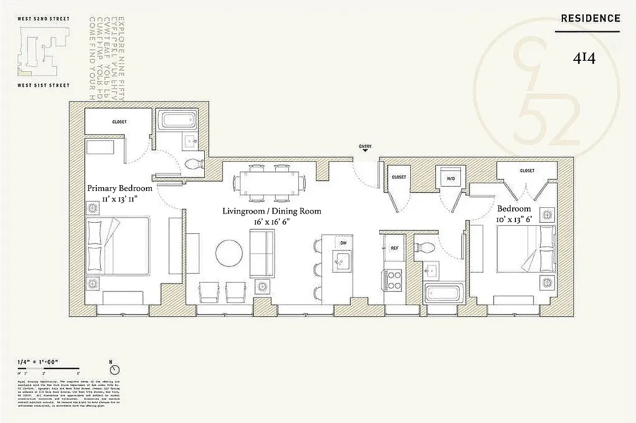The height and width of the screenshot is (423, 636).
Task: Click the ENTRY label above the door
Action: coord(365,146)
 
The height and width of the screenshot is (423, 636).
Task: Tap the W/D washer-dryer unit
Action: coord(450,178)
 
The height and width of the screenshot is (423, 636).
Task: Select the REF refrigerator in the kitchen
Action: coord(394,247)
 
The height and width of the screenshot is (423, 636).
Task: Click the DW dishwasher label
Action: coord(343,243)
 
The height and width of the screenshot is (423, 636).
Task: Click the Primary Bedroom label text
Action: coord(120,188)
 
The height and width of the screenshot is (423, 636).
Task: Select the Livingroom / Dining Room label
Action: coord(271,211)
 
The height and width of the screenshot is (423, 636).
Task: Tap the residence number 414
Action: coord(584,59)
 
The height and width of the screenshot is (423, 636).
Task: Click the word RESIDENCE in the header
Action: coord(590,19)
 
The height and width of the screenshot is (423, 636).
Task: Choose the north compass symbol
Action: coord(115,370)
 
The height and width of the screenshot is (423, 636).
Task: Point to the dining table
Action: coord(268,182)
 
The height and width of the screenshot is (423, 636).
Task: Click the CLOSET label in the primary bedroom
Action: coord(120,122)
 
